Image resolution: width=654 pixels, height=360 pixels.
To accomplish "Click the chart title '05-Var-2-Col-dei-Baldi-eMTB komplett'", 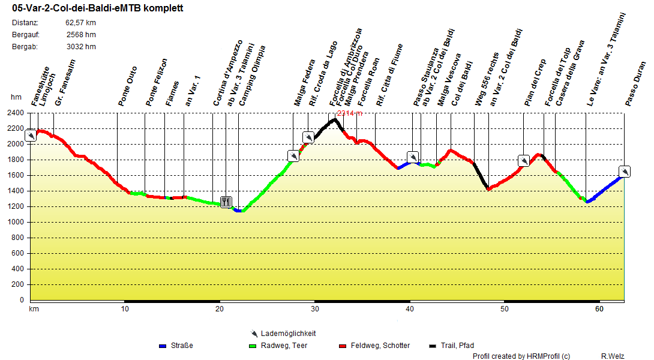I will pos(97,8).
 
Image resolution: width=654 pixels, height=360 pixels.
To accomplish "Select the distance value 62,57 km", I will pos(80,23).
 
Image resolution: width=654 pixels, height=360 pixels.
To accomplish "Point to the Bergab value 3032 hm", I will pos(81,47).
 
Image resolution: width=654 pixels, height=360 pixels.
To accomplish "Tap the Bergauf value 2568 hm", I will pos(81,35).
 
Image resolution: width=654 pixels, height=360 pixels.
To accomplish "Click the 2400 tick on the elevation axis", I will pos(16,113).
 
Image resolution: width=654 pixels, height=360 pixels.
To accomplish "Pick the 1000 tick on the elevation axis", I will pos(16,222).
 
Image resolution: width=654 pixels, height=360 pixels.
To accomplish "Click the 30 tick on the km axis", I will pos(314,309).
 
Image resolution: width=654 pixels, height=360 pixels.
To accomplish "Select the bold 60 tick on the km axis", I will pos(599,309).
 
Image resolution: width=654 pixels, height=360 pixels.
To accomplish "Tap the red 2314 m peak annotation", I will pos(349,113).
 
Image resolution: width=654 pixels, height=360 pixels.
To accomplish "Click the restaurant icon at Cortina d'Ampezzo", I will pos(226,201).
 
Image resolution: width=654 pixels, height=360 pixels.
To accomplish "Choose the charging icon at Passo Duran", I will pos(625,172).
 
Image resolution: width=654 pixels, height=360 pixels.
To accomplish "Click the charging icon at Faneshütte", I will pos(31,136).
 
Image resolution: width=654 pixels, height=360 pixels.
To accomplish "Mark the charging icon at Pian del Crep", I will pos(524,160).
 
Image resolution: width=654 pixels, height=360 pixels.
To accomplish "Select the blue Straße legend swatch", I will pos(163,346).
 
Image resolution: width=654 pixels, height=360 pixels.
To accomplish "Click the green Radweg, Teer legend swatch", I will pos(252,346).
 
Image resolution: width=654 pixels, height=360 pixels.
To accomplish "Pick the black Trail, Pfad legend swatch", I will pos(433,346).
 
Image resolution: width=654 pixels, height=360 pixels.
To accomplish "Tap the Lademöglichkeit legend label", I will pos(288,334).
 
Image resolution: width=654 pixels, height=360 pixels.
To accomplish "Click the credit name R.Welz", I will pos(613,356).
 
